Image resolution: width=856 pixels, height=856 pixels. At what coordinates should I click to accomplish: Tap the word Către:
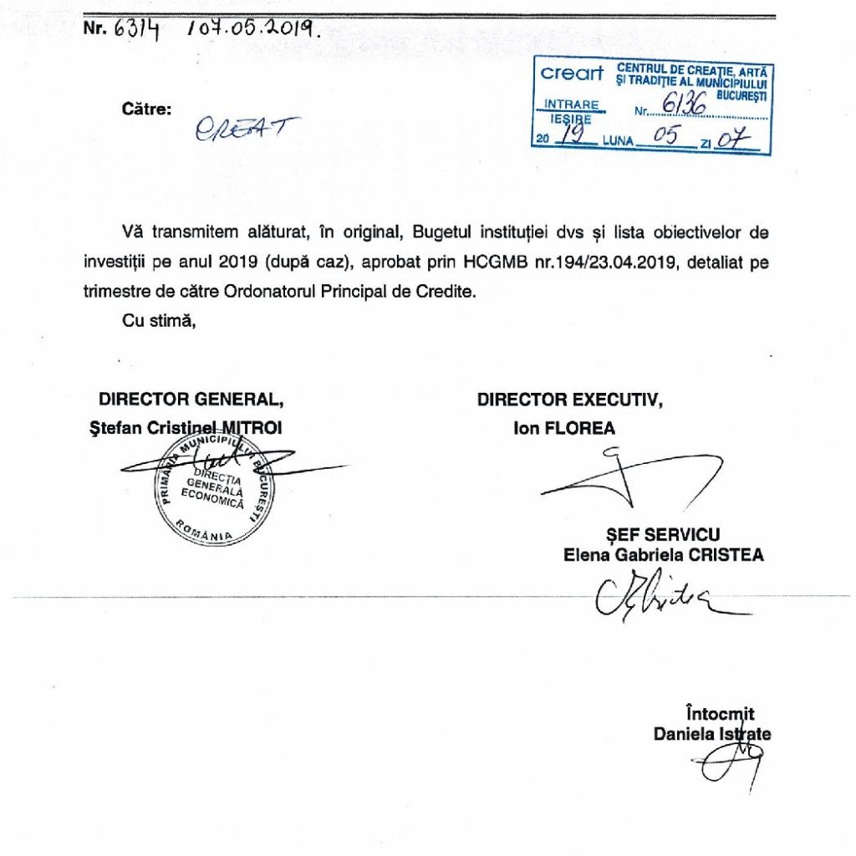[146, 109]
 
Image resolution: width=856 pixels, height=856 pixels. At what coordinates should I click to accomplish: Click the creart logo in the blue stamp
[572, 74]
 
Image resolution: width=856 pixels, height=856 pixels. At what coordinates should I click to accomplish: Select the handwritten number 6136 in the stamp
[685, 104]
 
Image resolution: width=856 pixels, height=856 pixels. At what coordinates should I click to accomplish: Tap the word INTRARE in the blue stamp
[572, 105]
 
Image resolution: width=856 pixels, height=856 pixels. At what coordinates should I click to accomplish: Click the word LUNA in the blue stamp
[618, 141]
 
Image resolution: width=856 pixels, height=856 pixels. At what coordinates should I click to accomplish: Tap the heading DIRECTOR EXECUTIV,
[571, 400]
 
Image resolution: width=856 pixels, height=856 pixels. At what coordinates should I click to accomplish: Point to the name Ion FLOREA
[564, 429]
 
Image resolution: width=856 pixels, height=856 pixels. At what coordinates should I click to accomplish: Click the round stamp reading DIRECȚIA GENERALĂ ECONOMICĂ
[214, 490]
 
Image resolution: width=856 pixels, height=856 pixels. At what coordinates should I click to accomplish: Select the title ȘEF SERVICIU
[663, 535]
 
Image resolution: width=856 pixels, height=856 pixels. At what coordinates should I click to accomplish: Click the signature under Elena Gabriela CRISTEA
[652, 594]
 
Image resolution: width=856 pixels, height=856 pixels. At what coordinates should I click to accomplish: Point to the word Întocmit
[719, 714]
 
